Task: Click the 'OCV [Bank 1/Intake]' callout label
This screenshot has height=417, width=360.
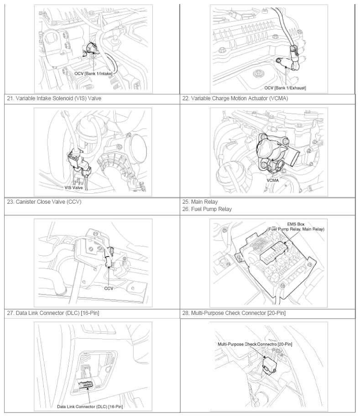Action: [x=93, y=73]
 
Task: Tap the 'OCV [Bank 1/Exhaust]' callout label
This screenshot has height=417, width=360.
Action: [x=285, y=88]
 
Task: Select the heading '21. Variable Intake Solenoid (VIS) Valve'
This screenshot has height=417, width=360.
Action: [x=54, y=98]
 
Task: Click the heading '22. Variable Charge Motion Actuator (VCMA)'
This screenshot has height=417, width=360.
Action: [x=235, y=98]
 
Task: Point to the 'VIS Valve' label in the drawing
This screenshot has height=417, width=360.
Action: [x=73, y=187]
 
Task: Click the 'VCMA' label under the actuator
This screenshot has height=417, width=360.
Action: [x=273, y=180]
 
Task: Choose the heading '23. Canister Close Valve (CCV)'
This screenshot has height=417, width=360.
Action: [x=44, y=202]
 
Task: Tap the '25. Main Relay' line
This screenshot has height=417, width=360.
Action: [x=200, y=202]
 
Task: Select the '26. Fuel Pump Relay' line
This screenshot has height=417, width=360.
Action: [x=207, y=209]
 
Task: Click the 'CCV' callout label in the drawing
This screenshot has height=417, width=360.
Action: [x=109, y=288]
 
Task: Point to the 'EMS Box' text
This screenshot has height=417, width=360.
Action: [x=296, y=224]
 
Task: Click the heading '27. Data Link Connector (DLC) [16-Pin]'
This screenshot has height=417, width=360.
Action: [x=53, y=313]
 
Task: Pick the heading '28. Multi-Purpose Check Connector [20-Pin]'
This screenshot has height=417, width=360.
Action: [x=234, y=313]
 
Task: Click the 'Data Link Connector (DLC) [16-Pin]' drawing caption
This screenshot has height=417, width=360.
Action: [x=90, y=407]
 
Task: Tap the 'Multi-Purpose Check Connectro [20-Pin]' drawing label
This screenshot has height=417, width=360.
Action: [x=255, y=344]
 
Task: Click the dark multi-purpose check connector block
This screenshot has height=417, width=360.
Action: [x=270, y=366]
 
